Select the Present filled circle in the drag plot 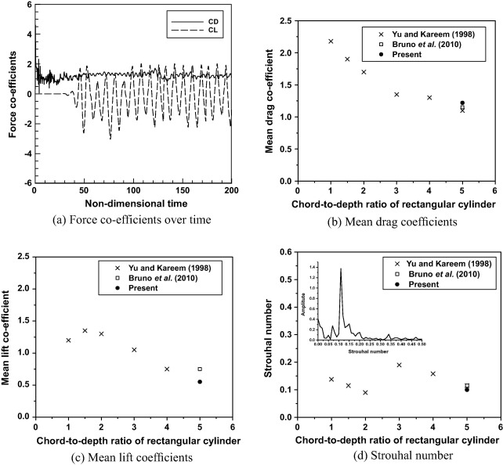pyautogui.click(x=462, y=103)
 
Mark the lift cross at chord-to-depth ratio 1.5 pyautogui.click(x=85, y=330)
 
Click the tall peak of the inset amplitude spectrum pyautogui.click(x=341, y=290)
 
